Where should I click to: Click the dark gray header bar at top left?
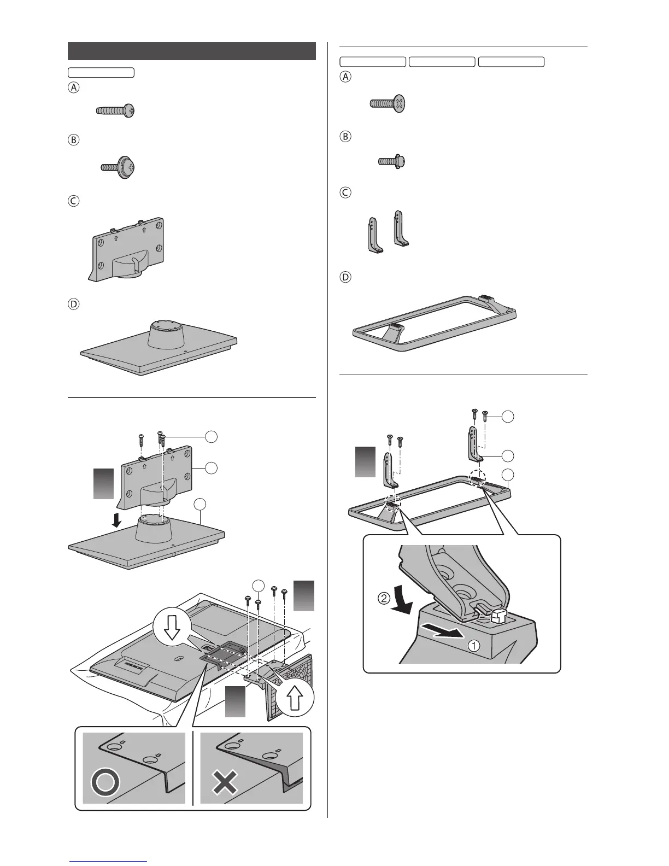[x=192, y=50]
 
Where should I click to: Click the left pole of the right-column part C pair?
[x=373, y=235]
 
